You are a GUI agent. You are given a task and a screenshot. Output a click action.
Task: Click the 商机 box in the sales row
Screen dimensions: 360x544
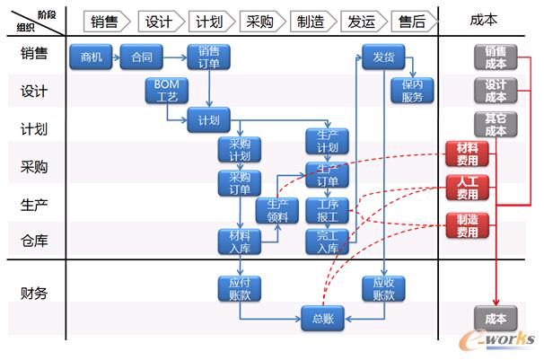click(92, 58)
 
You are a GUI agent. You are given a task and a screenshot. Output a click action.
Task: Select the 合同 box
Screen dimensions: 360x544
click(141, 58)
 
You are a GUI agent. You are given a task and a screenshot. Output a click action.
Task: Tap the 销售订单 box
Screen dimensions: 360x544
click(208, 56)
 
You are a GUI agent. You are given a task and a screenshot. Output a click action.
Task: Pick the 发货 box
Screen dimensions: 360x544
click(383, 57)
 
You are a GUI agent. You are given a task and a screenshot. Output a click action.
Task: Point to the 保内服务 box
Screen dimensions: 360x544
click(412, 90)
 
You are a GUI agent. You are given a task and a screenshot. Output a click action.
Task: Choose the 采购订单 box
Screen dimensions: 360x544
click(240, 182)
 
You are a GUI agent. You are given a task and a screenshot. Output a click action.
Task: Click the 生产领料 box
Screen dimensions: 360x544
click(277, 210)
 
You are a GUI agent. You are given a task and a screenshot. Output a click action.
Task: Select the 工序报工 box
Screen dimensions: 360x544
click(327, 210)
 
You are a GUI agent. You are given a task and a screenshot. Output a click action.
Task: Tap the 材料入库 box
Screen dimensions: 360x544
click(240, 241)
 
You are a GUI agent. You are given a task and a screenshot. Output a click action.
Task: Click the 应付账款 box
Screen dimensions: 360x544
click(240, 287)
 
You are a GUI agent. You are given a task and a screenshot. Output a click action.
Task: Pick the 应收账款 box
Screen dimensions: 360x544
click(384, 287)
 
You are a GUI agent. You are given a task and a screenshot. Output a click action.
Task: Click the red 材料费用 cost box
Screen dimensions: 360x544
click(467, 153)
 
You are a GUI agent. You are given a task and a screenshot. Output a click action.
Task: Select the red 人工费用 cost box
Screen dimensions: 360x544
click(467, 187)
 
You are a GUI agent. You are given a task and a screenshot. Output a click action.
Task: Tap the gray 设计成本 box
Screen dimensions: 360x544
click(496, 90)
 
